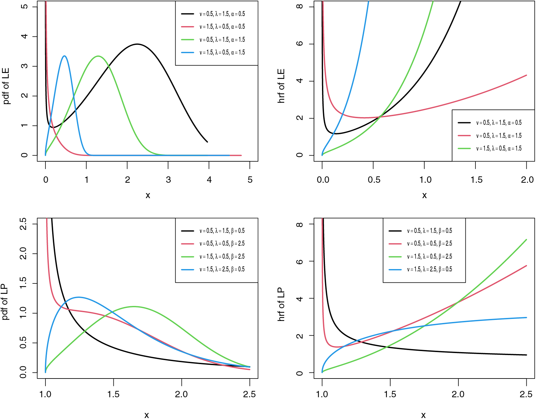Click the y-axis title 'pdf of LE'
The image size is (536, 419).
tap(6, 86)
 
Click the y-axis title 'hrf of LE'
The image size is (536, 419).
tap(281, 86)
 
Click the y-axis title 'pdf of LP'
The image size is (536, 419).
tap(5, 302)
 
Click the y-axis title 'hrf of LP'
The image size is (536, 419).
tap(281, 304)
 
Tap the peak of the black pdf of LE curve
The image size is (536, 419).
tap(137, 44)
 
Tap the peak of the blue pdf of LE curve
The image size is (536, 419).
tap(65, 56)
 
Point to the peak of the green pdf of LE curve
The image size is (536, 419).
tap(98, 56)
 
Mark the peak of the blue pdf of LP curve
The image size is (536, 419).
tap(79, 297)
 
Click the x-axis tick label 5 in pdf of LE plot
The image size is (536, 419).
tap(250, 180)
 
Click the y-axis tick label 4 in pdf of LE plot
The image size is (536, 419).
tap(24, 36)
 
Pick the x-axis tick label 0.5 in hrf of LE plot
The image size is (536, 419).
tap(374, 180)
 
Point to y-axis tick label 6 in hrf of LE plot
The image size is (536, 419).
tap(300, 44)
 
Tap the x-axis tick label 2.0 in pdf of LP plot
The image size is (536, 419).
tap(181, 394)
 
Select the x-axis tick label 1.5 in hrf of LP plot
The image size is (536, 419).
tap(390, 394)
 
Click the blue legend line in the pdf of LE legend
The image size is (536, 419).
tap(188, 53)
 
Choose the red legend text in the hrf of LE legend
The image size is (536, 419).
tap(499, 136)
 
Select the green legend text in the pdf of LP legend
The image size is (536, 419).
tap(222, 256)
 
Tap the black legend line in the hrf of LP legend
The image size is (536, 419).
tap(395, 231)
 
